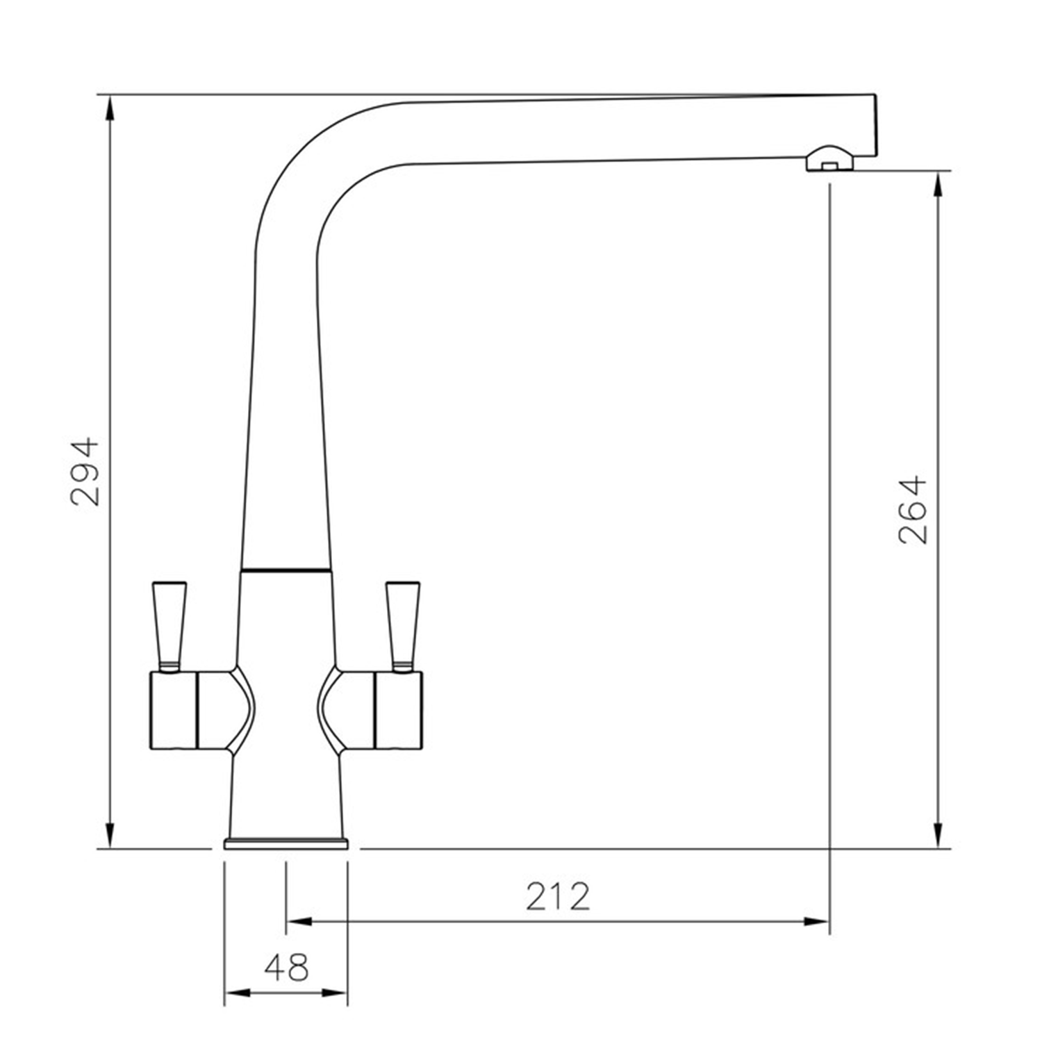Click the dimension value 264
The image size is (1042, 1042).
pos(912,509)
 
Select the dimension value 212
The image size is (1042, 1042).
pos(557,896)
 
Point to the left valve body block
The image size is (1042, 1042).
pos(174,710)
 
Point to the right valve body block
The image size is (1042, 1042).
pos(399,710)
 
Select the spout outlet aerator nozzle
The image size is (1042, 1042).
pos(829,159)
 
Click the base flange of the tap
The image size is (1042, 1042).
pos(286,843)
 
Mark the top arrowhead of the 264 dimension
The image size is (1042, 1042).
pos(938,184)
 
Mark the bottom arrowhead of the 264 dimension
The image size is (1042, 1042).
pos(938,835)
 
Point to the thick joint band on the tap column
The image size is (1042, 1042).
pos(286,570)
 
